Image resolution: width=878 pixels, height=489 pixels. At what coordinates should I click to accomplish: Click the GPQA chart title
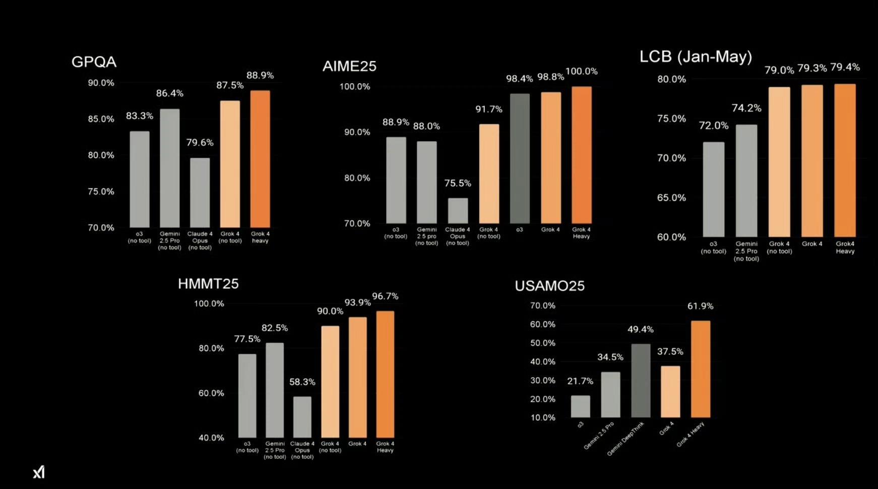[x=94, y=62]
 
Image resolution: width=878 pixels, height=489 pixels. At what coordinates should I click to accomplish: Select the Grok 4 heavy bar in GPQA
[x=260, y=159]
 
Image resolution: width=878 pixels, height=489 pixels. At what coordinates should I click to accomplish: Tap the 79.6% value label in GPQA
[x=200, y=143]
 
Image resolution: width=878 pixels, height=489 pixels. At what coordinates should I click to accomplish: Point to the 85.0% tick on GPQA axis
[x=101, y=119]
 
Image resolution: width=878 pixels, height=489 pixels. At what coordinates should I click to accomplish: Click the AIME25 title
[x=349, y=67]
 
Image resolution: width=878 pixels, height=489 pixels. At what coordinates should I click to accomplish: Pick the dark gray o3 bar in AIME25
[x=520, y=158]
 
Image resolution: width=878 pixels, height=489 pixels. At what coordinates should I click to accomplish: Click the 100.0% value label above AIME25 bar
[x=581, y=72]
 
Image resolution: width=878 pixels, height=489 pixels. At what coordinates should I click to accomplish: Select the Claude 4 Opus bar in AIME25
[x=458, y=211]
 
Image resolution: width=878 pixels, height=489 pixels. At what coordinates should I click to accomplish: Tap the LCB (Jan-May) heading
[x=696, y=56]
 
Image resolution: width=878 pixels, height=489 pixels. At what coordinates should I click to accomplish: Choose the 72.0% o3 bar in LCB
[x=713, y=190]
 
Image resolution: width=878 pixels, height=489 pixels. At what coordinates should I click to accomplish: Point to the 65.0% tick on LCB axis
[x=671, y=198]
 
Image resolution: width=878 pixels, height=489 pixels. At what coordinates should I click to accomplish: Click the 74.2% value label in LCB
[x=746, y=108]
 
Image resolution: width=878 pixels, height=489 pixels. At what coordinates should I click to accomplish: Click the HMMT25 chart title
[x=208, y=284]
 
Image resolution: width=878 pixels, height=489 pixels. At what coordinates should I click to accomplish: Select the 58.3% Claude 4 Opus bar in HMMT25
[x=302, y=417]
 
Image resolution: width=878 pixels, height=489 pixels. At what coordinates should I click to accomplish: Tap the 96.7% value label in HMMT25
[x=385, y=296]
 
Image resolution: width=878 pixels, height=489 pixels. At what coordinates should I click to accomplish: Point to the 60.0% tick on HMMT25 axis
[x=211, y=393]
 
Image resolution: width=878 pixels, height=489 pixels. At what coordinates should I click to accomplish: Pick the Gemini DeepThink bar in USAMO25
[x=641, y=381]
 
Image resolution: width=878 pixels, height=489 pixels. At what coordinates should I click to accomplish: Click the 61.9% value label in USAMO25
[x=700, y=306]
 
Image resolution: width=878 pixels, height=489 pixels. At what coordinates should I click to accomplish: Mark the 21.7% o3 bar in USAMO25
[x=580, y=406]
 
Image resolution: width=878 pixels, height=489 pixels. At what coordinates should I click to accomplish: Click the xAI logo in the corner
[x=39, y=472]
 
